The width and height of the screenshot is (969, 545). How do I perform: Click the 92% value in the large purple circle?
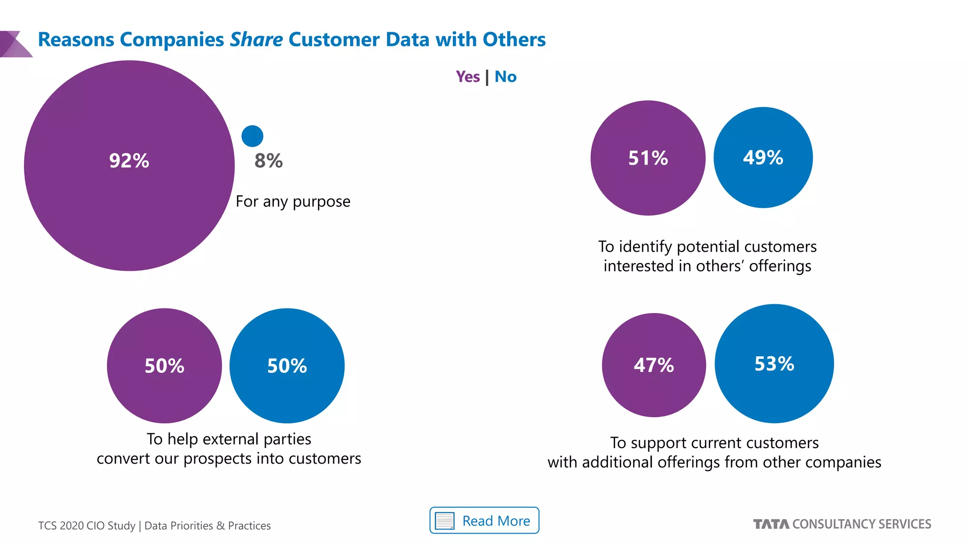pos(129,161)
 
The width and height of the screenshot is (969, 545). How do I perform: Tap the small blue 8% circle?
pos(252,136)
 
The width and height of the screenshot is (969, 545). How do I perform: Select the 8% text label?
pos(268,161)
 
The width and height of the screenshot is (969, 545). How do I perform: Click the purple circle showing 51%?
pos(648,158)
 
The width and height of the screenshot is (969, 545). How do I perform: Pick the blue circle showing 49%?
pos(763,158)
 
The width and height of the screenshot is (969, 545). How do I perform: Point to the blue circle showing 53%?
pos(774,364)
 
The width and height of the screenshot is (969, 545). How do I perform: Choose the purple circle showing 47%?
pos(653,365)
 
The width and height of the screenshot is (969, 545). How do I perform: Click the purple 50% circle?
pos(164,366)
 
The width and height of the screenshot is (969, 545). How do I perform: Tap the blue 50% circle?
pos(287,366)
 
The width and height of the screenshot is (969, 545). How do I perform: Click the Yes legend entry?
pos(467,77)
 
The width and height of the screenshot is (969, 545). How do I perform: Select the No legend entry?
pos(505,77)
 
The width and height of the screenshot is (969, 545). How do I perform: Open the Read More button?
pos(484,520)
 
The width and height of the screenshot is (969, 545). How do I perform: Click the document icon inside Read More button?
pos(444,521)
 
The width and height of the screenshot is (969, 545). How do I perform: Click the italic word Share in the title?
pos(256,40)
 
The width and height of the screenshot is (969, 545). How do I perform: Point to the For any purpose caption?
pos(293,202)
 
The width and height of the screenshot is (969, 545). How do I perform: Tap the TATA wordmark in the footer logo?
pos(771,524)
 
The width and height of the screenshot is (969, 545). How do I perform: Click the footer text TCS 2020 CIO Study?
pos(87,526)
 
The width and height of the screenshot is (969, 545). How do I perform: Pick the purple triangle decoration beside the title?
pos(14,44)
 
